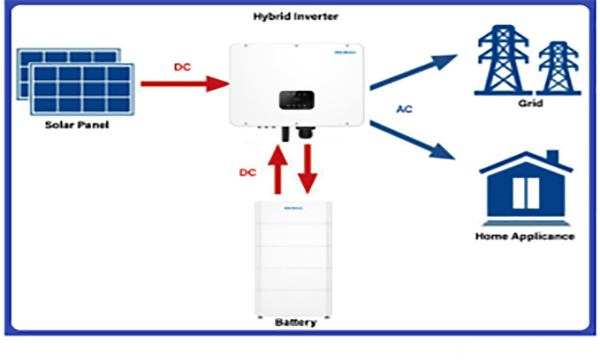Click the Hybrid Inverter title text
[x=296, y=17]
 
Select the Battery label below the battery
[x=295, y=322]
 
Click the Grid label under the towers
[x=530, y=103]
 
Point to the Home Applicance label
[x=525, y=236]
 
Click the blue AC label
[x=404, y=110]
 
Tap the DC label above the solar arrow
[x=182, y=67]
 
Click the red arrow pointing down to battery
[x=307, y=169]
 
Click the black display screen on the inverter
[x=295, y=98]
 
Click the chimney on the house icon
[x=552, y=158]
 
